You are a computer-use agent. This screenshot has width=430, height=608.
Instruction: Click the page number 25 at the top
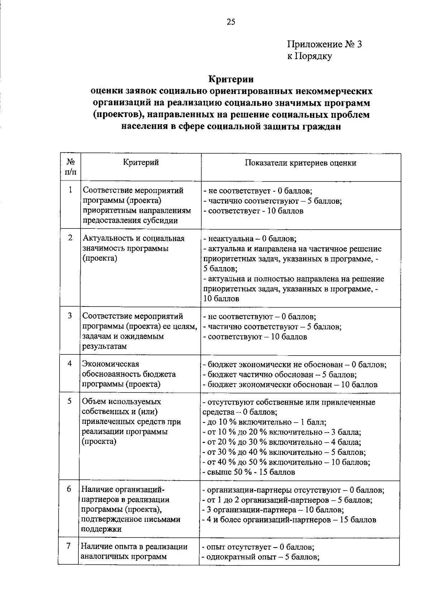click(x=231, y=22)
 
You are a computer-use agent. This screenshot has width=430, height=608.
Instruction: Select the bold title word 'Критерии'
click(x=231, y=79)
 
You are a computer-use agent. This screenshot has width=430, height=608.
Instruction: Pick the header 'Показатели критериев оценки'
click(x=300, y=163)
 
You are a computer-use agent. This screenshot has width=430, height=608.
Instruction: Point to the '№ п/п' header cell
click(x=71, y=167)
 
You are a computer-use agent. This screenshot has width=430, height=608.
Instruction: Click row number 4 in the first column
click(x=70, y=363)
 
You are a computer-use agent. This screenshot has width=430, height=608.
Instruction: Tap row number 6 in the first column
click(x=69, y=489)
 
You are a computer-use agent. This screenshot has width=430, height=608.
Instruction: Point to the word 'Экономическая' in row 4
click(x=111, y=364)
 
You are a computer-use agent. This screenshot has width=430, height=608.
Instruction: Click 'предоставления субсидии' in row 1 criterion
click(x=130, y=221)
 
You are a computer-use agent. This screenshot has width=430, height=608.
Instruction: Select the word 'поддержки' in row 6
click(x=102, y=529)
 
